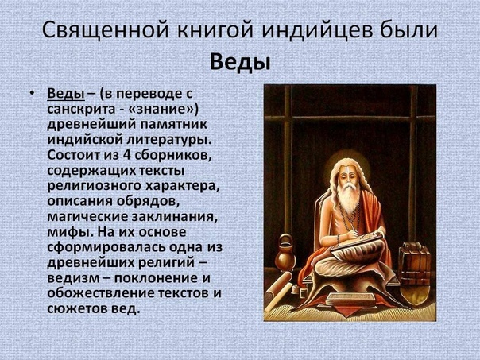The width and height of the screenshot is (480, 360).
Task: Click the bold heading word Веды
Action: point(240,63)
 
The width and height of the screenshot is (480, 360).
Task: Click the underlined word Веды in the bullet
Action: point(66,93)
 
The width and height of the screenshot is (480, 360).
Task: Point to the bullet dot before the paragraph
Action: point(32,93)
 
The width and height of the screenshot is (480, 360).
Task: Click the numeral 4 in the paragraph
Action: point(126,155)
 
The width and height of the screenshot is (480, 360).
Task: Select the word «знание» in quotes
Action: point(164,109)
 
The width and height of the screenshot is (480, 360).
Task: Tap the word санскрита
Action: point(82,109)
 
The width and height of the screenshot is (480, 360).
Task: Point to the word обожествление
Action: point(102,293)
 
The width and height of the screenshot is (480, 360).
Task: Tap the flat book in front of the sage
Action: point(350,299)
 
